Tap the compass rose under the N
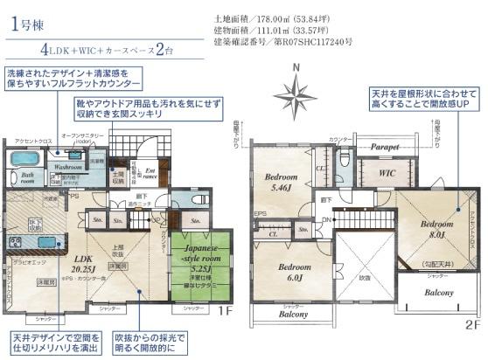coord(296,92)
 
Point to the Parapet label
coord(383,148)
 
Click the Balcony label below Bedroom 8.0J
coord(438,294)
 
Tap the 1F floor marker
coord(226,309)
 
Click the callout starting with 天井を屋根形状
coord(424,99)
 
